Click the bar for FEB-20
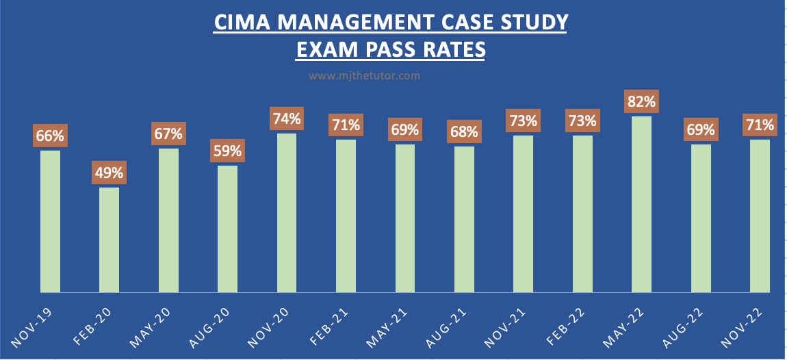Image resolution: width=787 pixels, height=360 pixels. pos(109,240)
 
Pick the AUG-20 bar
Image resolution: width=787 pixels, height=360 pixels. pos(227,229)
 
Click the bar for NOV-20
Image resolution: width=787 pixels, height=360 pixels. pos(286,213)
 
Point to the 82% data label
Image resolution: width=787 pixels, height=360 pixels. pos(641,103)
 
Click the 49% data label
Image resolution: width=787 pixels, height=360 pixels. pos(109,173)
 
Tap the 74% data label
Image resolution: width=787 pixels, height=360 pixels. pos(286,119)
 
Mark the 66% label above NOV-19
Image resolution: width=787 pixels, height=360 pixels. pos(50,136)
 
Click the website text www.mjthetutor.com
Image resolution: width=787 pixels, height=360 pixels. pos(364,76)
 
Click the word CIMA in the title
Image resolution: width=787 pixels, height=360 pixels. pos(237,23)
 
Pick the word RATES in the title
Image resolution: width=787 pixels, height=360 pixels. pos(451,50)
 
